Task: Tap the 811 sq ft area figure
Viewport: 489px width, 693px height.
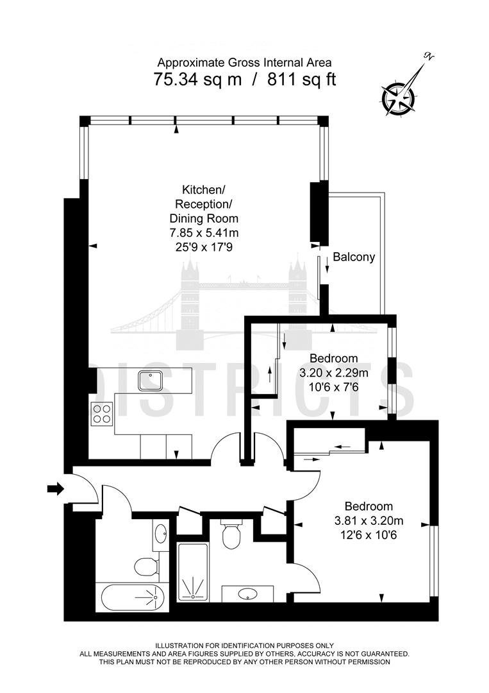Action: click(299, 80)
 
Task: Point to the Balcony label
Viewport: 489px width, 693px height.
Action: click(354, 257)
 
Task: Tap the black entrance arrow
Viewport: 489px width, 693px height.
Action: click(56, 490)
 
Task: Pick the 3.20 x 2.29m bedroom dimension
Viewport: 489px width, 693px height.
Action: click(334, 372)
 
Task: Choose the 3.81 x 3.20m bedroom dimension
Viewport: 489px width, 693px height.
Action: click(369, 520)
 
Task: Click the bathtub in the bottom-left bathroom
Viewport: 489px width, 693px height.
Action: click(133, 598)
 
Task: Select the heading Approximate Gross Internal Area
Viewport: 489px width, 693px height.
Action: click(244, 62)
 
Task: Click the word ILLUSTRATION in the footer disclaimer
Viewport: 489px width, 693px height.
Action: click(182, 646)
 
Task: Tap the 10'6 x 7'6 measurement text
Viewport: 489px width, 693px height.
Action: click(334, 386)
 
